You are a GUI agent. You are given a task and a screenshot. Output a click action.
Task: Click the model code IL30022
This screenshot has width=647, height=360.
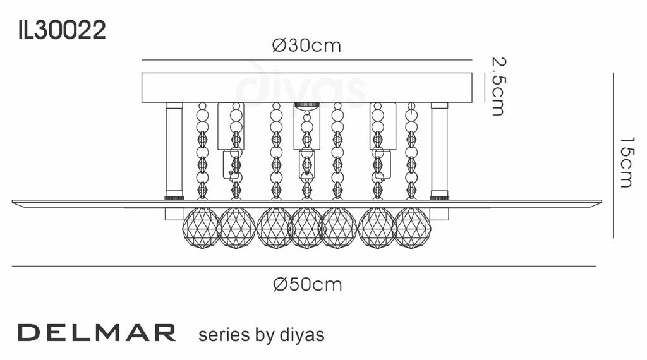point(62,30)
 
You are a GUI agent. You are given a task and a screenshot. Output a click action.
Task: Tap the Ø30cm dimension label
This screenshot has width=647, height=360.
point(306,45)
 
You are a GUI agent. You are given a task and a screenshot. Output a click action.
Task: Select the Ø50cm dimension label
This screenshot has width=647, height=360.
point(308,285)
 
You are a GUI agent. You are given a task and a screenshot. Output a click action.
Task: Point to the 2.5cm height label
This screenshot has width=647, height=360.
point(499,86)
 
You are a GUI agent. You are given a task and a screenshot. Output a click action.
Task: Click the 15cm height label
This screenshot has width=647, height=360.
point(626,162)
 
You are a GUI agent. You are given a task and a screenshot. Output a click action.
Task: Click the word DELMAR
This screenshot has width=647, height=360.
point(97,333)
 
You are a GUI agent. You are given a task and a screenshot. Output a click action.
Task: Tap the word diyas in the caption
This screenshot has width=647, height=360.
point(302,335)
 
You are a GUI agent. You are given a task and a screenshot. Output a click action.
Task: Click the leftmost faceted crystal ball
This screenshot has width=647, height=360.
point(201,227)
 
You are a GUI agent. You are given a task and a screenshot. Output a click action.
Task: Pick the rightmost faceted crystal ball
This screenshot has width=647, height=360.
point(412,227)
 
